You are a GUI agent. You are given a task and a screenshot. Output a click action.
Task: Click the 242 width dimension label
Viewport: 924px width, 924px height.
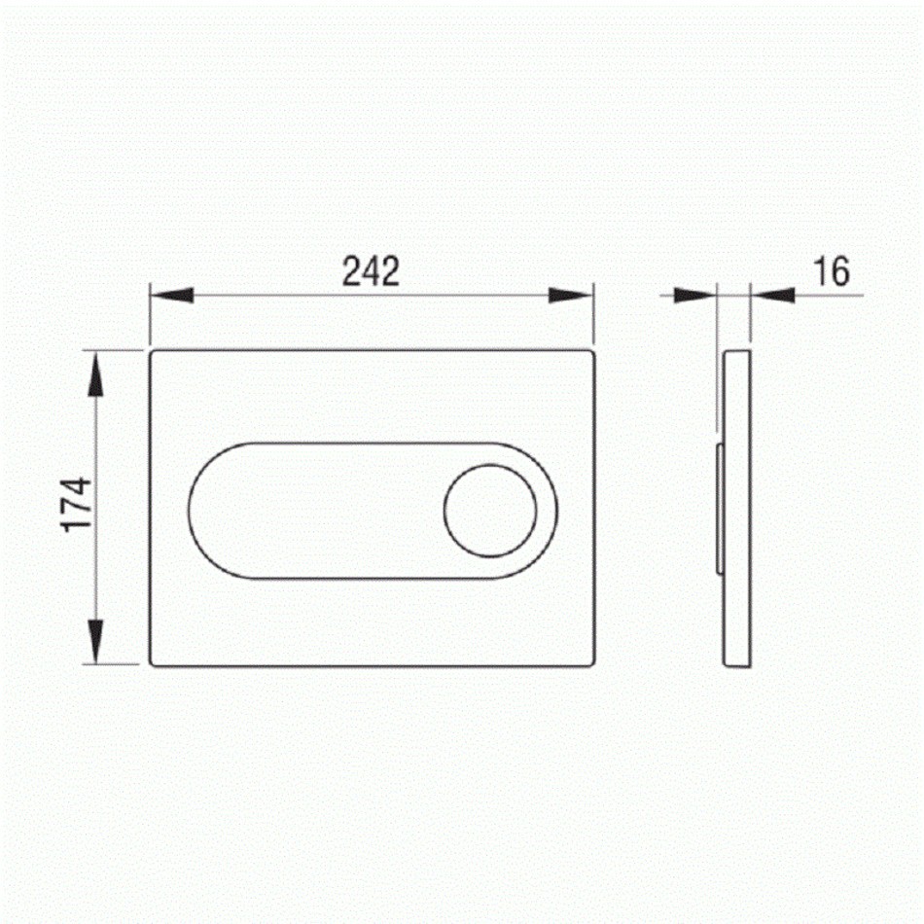371,271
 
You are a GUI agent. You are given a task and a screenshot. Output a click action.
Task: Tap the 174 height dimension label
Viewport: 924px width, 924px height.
78,505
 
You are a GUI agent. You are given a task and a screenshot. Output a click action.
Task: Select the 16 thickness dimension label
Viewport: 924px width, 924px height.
831,271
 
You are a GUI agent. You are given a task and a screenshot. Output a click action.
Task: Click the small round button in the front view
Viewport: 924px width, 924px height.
490,511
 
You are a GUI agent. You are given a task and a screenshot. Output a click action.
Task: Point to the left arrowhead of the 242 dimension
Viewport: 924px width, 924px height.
172,296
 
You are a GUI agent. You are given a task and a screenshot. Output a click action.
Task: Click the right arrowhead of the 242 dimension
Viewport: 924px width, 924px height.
570,296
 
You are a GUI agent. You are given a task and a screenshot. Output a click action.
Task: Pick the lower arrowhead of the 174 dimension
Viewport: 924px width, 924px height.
95,642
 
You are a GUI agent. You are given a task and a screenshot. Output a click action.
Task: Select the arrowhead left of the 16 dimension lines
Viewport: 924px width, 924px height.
694,296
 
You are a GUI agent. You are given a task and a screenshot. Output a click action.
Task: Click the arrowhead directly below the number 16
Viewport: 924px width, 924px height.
772,296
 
